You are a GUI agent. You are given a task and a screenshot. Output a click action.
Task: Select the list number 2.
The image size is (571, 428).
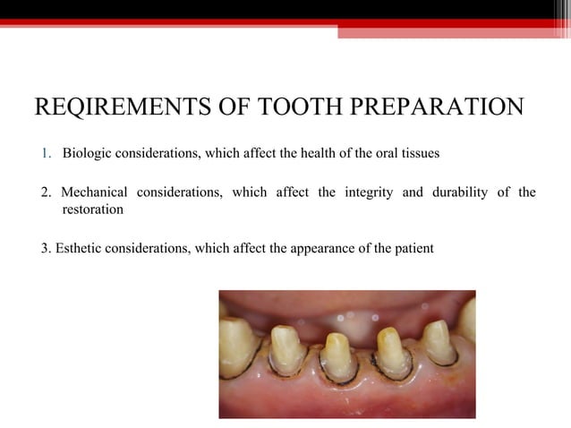(x=47, y=193)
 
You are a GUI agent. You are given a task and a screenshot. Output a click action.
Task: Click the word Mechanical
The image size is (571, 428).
(x=99, y=193)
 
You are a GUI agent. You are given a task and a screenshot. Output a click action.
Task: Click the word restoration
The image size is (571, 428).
(x=92, y=210)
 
